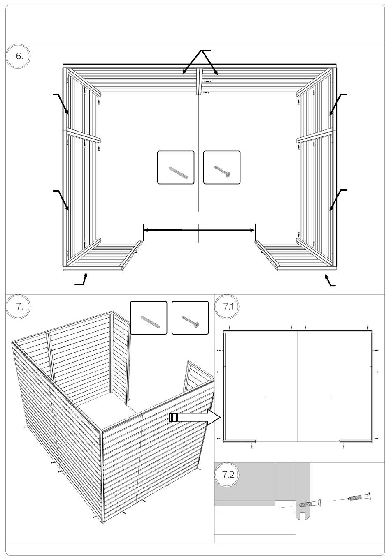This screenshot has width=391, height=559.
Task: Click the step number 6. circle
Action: pyautogui.click(x=18, y=56)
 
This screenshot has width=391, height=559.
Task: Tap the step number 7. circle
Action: pyautogui.click(x=18, y=307)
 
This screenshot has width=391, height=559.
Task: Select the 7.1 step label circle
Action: pyautogui.click(x=227, y=307)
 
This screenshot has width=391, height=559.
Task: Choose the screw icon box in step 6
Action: pyautogui.click(x=222, y=167)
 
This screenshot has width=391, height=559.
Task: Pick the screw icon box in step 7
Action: pyautogui.click(x=190, y=318)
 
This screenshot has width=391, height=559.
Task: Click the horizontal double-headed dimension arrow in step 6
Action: pyautogui.click(x=199, y=230)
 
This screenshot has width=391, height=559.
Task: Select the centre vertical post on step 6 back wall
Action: pyautogui.click(x=199, y=81)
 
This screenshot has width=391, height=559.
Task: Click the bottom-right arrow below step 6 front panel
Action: pyautogui.click(x=330, y=280)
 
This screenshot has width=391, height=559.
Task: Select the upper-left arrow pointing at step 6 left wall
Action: pyautogui.click(x=61, y=104)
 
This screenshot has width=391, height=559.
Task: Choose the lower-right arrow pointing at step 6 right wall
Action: pyautogui.click(x=337, y=200)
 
